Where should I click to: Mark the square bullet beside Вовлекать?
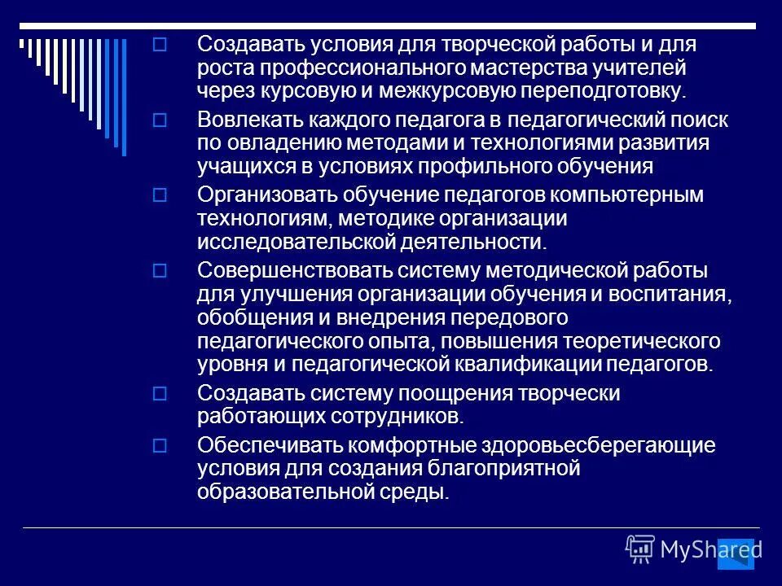[x=160, y=120]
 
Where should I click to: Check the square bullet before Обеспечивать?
[x=160, y=446]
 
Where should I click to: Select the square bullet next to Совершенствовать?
[x=160, y=269]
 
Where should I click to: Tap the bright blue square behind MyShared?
[x=736, y=553]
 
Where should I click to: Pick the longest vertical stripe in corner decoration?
[x=125, y=97]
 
